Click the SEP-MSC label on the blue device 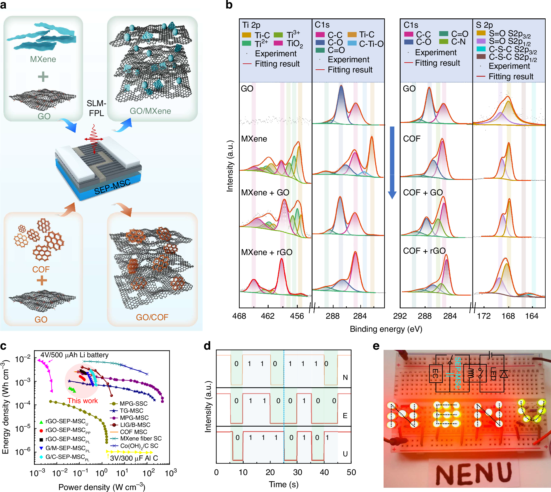(112, 187)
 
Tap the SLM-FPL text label (96, 108)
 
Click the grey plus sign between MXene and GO (43, 76)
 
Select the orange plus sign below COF (42, 281)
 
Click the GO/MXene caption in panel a (150, 111)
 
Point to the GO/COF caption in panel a (152, 317)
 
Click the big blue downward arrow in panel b (392, 163)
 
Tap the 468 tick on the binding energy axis (239, 316)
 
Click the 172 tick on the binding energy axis (484, 316)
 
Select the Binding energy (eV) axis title (386, 329)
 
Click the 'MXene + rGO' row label (267, 252)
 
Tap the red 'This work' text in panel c (82, 401)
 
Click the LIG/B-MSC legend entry (135, 425)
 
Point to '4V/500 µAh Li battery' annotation (74, 355)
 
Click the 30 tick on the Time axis (297, 472)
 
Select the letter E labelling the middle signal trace (345, 416)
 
